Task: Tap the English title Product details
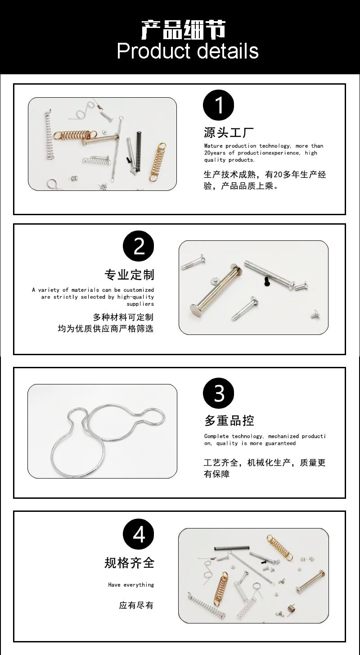pos(188,51)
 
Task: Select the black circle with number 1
pos(219,106)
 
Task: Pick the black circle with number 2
pos(139,247)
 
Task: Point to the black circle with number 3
pos(219,393)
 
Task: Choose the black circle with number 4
pos(139,535)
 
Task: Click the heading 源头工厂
pos(229,132)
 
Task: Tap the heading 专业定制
pos(130,275)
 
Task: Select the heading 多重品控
pos(229,420)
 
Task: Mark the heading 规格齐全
pos(130,563)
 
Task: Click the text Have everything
pos(131,585)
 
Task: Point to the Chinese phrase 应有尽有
pos(136,605)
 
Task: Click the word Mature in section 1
pos(213,146)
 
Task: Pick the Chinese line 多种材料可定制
pos(123,317)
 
